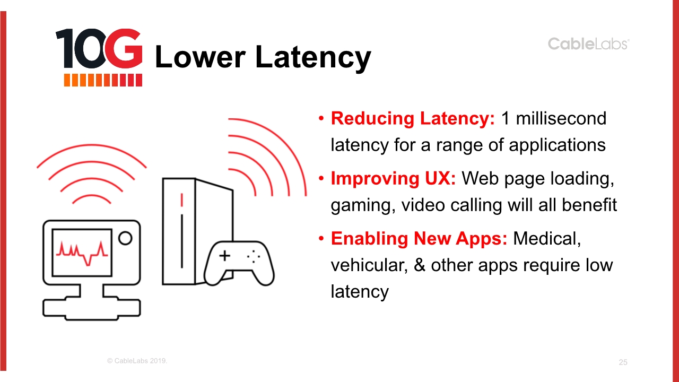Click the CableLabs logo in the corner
click(x=588, y=44)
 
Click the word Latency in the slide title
click(x=313, y=58)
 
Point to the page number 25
click(x=623, y=362)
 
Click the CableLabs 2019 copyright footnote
click(x=137, y=361)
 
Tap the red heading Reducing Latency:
click(x=413, y=118)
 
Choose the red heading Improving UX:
click(x=393, y=178)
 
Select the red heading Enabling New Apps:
click(x=419, y=238)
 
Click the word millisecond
click(x=561, y=118)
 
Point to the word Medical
click(x=547, y=239)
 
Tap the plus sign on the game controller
click(x=224, y=256)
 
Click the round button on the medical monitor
click(x=125, y=238)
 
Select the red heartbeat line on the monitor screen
click(x=82, y=253)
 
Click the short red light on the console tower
click(x=181, y=200)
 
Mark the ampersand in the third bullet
click(x=420, y=265)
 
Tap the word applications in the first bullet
click(x=557, y=145)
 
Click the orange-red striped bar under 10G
click(x=103, y=80)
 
